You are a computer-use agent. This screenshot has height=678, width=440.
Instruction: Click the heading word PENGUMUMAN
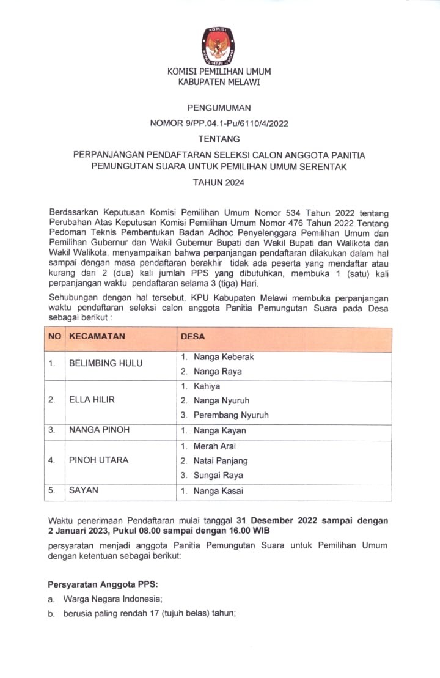point(219,108)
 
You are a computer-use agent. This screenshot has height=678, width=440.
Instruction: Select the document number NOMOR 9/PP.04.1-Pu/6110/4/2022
point(219,123)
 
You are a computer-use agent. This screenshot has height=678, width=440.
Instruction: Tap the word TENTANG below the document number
point(219,139)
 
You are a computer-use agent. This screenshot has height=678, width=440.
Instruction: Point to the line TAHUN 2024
point(219,182)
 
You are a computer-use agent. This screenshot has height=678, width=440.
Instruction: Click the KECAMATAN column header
point(97,336)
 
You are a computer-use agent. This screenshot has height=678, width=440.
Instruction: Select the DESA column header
point(193,336)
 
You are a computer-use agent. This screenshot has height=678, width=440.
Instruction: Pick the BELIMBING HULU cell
point(106,363)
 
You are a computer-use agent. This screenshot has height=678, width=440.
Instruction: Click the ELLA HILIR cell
point(92,400)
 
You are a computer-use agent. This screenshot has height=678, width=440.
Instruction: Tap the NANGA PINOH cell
point(99,430)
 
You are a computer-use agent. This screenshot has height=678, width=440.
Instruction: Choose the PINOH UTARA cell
point(98,460)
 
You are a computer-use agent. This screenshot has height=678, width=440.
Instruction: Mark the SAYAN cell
point(84,490)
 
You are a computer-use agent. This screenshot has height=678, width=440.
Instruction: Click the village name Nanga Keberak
point(224,356)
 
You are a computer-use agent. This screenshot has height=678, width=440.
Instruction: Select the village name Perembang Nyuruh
point(231,415)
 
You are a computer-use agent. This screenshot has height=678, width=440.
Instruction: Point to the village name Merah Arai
point(215,446)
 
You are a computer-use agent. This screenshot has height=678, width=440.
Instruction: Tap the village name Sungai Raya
point(218,475)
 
